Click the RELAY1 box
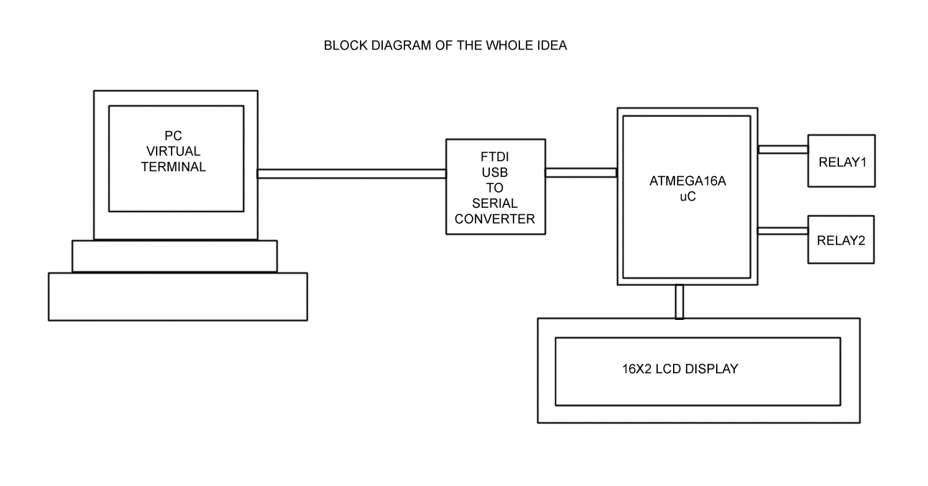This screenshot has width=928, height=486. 841,160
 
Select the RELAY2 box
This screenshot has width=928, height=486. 841,239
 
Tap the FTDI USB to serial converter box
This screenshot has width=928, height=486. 495,187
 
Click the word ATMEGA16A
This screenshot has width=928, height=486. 687,181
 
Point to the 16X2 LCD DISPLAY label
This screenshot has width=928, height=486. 679,370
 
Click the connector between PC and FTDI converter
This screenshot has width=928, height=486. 352,173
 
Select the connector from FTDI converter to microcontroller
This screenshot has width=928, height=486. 580,173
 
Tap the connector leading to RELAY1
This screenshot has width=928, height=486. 783,150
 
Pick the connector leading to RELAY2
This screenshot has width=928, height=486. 783,231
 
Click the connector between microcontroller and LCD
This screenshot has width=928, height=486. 679,302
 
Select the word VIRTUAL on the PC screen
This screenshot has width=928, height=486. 173,152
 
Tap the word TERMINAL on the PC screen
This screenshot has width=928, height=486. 173,167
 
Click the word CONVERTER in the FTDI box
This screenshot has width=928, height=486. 495,219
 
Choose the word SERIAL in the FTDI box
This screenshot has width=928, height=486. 495,203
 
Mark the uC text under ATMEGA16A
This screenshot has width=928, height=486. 687,196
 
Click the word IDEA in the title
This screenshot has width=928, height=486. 552,45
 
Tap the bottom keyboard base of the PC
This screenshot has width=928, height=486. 177,296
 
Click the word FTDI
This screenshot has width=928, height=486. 495,156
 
